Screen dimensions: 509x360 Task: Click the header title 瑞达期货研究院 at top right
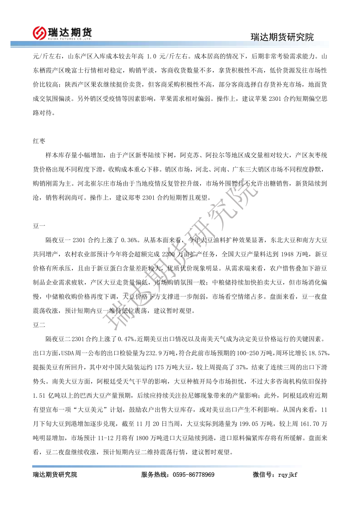click(x=282, y=37)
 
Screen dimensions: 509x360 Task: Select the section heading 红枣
click(x=39, y=141)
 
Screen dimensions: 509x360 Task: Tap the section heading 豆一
click(x=39, y=226)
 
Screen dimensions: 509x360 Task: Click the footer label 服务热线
click(x=154, y=475)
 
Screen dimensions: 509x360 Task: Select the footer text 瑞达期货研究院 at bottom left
click(x=55, y=475)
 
